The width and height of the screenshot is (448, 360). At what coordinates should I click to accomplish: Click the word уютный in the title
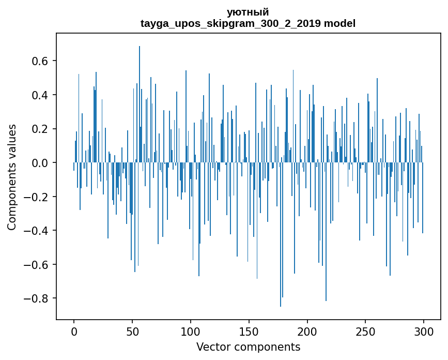(x=248, y=12)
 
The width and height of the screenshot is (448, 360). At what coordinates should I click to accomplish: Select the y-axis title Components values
(x=12, y=177)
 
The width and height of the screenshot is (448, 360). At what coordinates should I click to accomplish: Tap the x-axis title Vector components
(x=248, y=347)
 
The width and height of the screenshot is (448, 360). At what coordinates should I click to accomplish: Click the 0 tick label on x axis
(x=74, y=331)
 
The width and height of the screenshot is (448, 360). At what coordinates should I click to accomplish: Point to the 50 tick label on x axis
(x=132, y=331)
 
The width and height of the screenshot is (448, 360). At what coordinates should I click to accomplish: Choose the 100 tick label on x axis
(x=191, y=331)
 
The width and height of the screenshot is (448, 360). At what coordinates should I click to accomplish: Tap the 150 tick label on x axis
(x=249, y=331)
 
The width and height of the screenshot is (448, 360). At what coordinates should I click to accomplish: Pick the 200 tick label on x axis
(x=307, y=331)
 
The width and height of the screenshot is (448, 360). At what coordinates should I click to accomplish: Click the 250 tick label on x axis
(x=365, y=331)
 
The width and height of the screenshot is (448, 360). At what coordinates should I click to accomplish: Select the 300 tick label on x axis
(x=424, y=331)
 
